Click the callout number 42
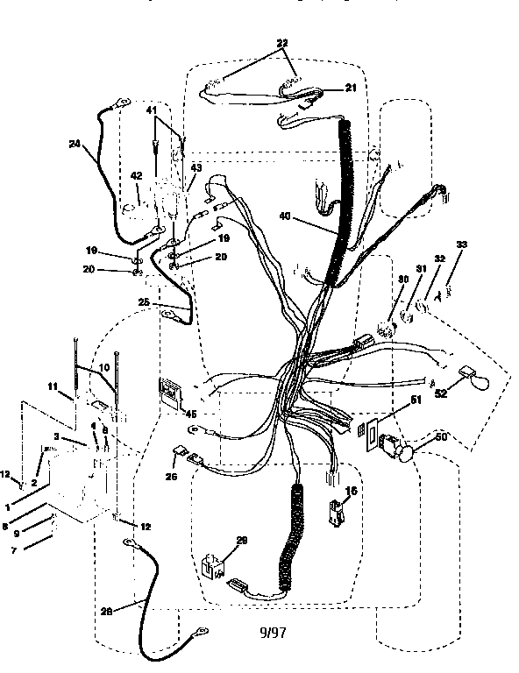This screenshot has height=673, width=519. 136,175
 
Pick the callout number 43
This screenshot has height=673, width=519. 195,168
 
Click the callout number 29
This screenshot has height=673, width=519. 242,541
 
